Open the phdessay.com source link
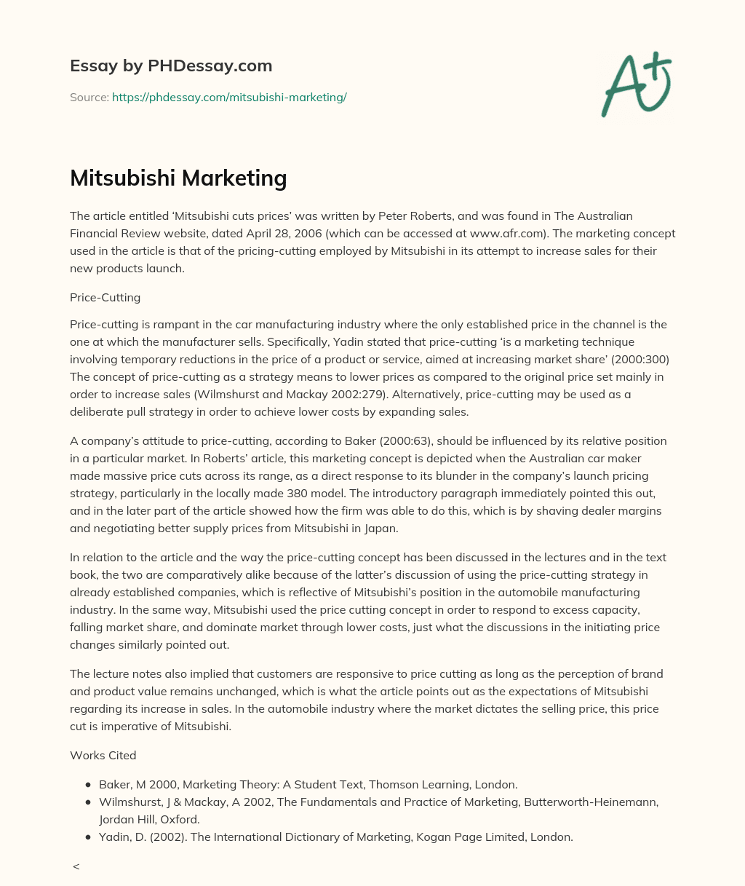(x=229, y=97)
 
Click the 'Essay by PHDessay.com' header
(x=171, y=66)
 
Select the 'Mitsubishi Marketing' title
(x=178, y=178)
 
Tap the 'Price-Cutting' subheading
(x=105, y=297)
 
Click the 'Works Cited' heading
(x=103, y=755)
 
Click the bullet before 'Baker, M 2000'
(x=88, y=785)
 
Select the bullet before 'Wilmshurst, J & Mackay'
(x=88, y=802)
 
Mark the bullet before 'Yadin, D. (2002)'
(x=88, y=837)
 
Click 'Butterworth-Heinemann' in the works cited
(x=597, y=802)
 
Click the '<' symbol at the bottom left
(x=76, y=866)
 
